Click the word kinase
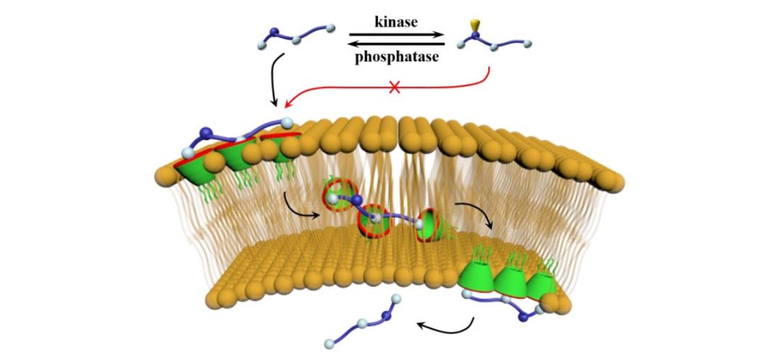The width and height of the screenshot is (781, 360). (x=396, y=22)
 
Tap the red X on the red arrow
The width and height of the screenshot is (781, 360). (x=394, y=88)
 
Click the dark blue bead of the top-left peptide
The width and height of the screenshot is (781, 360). (x=275, y=31)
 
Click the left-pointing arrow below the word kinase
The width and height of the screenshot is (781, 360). (x=396, y=44)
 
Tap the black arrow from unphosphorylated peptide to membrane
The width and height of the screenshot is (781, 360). (x=273, y=80)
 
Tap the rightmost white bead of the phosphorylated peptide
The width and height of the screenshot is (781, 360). (x=527, y=44)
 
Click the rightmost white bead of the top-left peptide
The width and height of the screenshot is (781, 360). (x=330, y=28)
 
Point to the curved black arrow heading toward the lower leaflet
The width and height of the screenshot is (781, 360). (x=475, y=213)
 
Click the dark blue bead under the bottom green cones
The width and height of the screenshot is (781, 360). (x=524, y=317)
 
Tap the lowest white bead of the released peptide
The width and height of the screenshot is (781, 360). (x=330, y=344)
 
